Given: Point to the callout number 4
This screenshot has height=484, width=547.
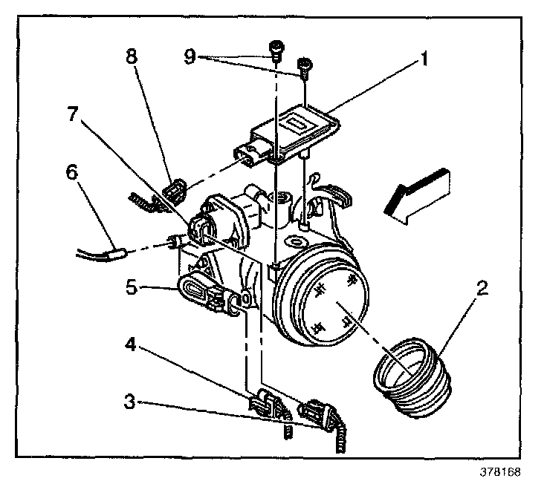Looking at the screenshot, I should point(130,344).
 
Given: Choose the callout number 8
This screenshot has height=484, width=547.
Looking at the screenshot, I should point(132,58).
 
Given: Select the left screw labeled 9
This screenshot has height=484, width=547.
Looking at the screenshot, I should point(275,49).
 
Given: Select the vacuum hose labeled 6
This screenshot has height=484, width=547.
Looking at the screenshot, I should point(104,254).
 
